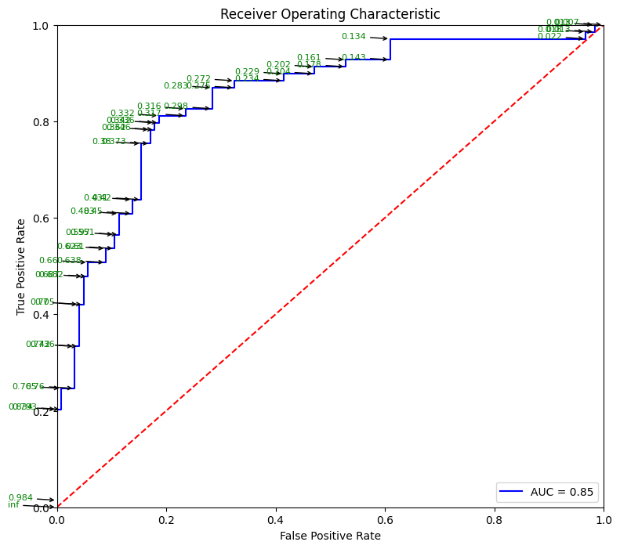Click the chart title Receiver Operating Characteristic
coord(330,14)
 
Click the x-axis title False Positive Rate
coord(330,536)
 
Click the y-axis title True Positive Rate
coord(22,266)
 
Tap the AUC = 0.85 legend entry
coord(564,492)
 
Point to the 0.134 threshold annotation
coord(354,37)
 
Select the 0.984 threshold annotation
coord(20,498)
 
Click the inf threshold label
coord(13,505)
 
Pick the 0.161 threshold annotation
coord(309,58)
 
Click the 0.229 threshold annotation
coord(247,72)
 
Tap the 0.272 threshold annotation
coord(198,79)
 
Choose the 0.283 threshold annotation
coord(176,86)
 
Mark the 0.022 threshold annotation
coord(549,37)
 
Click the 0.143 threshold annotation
coord(354,58)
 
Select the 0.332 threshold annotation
coord(122,114)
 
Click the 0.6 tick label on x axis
coord(494,519)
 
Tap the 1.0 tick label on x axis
coord(604,519)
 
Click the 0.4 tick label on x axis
coord(276,519)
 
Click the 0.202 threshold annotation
coord(278,65)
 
